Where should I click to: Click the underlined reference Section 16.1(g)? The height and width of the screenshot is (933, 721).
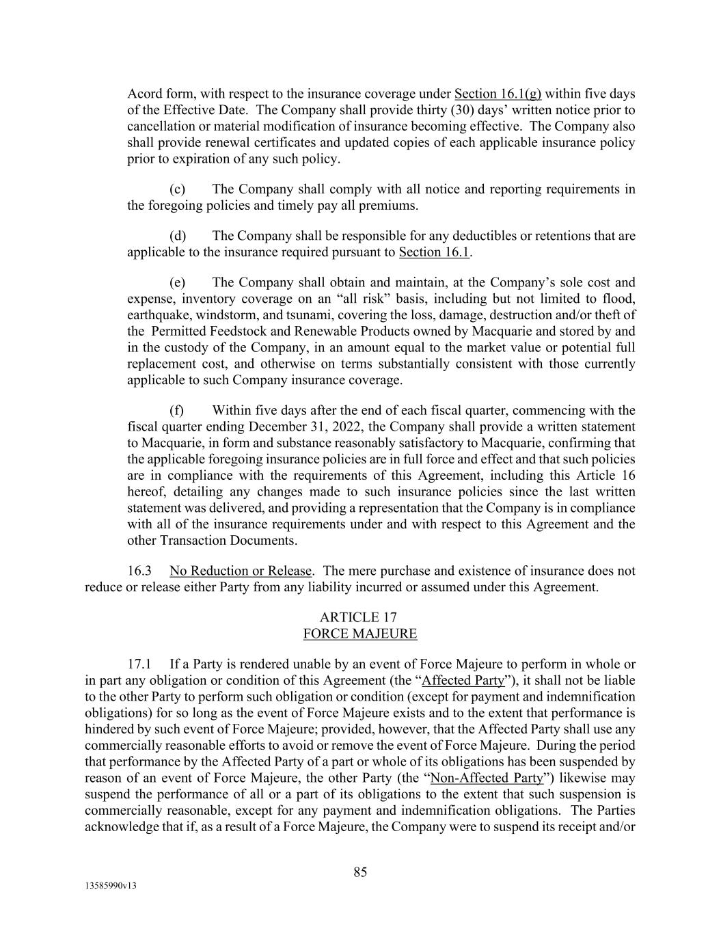[498, 94]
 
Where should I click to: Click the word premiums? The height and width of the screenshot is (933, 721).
[392, 206]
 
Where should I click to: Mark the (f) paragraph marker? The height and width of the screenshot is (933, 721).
[177, 411]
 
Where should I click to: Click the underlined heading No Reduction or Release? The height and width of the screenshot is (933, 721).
[241, 571]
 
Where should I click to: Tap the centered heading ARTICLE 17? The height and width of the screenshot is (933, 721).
[359, 617]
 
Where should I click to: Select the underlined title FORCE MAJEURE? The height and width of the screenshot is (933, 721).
[359, 634]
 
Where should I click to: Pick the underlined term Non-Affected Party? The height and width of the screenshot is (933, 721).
[487, 779]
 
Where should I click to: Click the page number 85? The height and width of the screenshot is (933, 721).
[360, 872]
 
